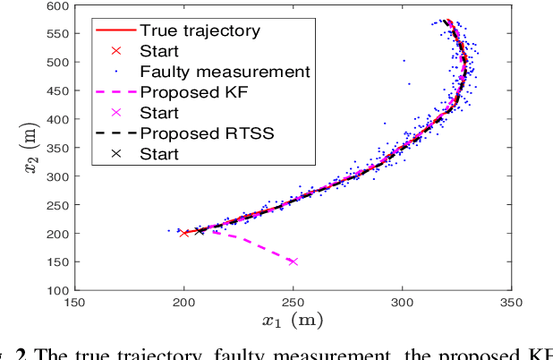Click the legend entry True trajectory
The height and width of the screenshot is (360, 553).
click(200, 30)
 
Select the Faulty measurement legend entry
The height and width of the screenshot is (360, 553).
click(225, 71)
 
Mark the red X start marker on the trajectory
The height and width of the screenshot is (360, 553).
click(184, 233)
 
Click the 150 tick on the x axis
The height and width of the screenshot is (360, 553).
click(75, 303)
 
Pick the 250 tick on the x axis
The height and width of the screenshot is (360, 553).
click(294, 303)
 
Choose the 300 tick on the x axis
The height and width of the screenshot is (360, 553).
click(403, 303)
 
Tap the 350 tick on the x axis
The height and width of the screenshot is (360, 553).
click(511, 303)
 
